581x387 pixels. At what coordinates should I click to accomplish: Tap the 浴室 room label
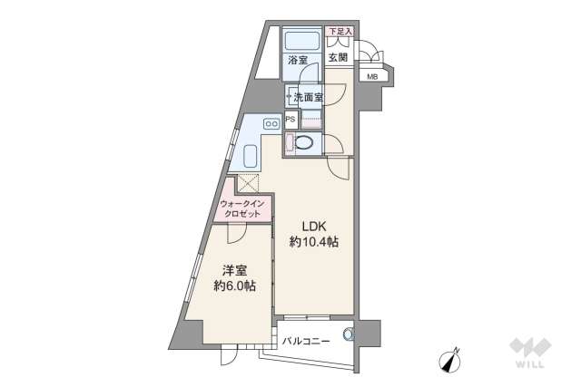coord(298,61)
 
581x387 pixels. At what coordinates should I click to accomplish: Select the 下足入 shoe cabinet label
coord(339,32)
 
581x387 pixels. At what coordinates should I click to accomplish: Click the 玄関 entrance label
coord(338,60)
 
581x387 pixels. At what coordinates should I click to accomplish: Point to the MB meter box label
coord(373,76)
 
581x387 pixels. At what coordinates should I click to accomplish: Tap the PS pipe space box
coord(290,119)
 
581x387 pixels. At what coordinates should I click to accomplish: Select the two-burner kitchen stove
coord(271,123)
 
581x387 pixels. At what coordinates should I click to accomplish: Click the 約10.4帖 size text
coord(314,242)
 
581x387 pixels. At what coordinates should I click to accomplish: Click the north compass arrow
coord(452,360)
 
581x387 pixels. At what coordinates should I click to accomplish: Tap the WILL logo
coord(527,353)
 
